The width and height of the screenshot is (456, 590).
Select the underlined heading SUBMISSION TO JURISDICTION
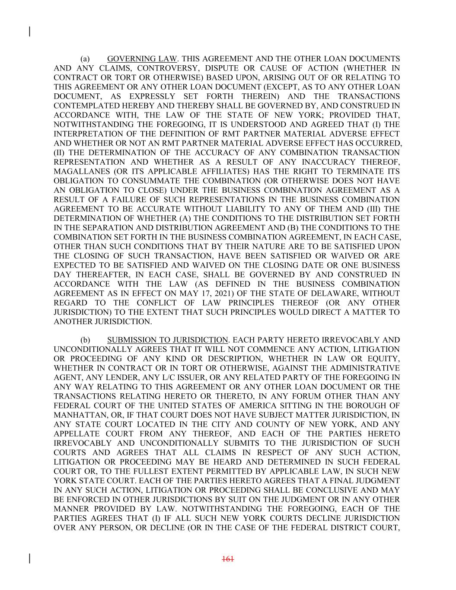click(167, 340)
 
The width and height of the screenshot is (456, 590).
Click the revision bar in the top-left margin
click(29, 32)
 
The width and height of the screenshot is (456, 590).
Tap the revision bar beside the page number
click(29, 558)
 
